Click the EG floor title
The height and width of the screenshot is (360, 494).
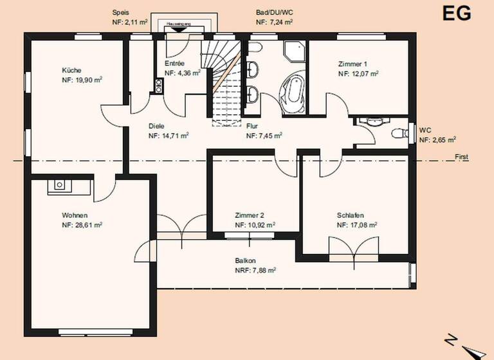click(x=456, y=13)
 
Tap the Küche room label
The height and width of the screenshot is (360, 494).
click(x=71, y=70)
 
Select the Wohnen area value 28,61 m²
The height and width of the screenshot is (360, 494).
click(x=82, y=226)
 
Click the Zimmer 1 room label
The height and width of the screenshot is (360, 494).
click(x=352, y=64)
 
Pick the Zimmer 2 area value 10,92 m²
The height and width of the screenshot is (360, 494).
click(x=255, y=226)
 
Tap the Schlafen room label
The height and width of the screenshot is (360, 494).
click(x=351, y=216)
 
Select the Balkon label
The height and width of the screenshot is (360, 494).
click(x=246, y=261)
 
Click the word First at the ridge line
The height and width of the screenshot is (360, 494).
click(x=462, y=157)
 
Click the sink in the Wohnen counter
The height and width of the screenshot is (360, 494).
click(x=59, y=185)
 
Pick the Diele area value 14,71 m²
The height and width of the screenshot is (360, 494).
click(x=169, y=136)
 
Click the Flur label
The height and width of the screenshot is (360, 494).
click(x=252, y=127)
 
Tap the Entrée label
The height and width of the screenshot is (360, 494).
click(x=175, y=64)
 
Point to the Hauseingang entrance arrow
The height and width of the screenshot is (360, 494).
click(x=178, y=28)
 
